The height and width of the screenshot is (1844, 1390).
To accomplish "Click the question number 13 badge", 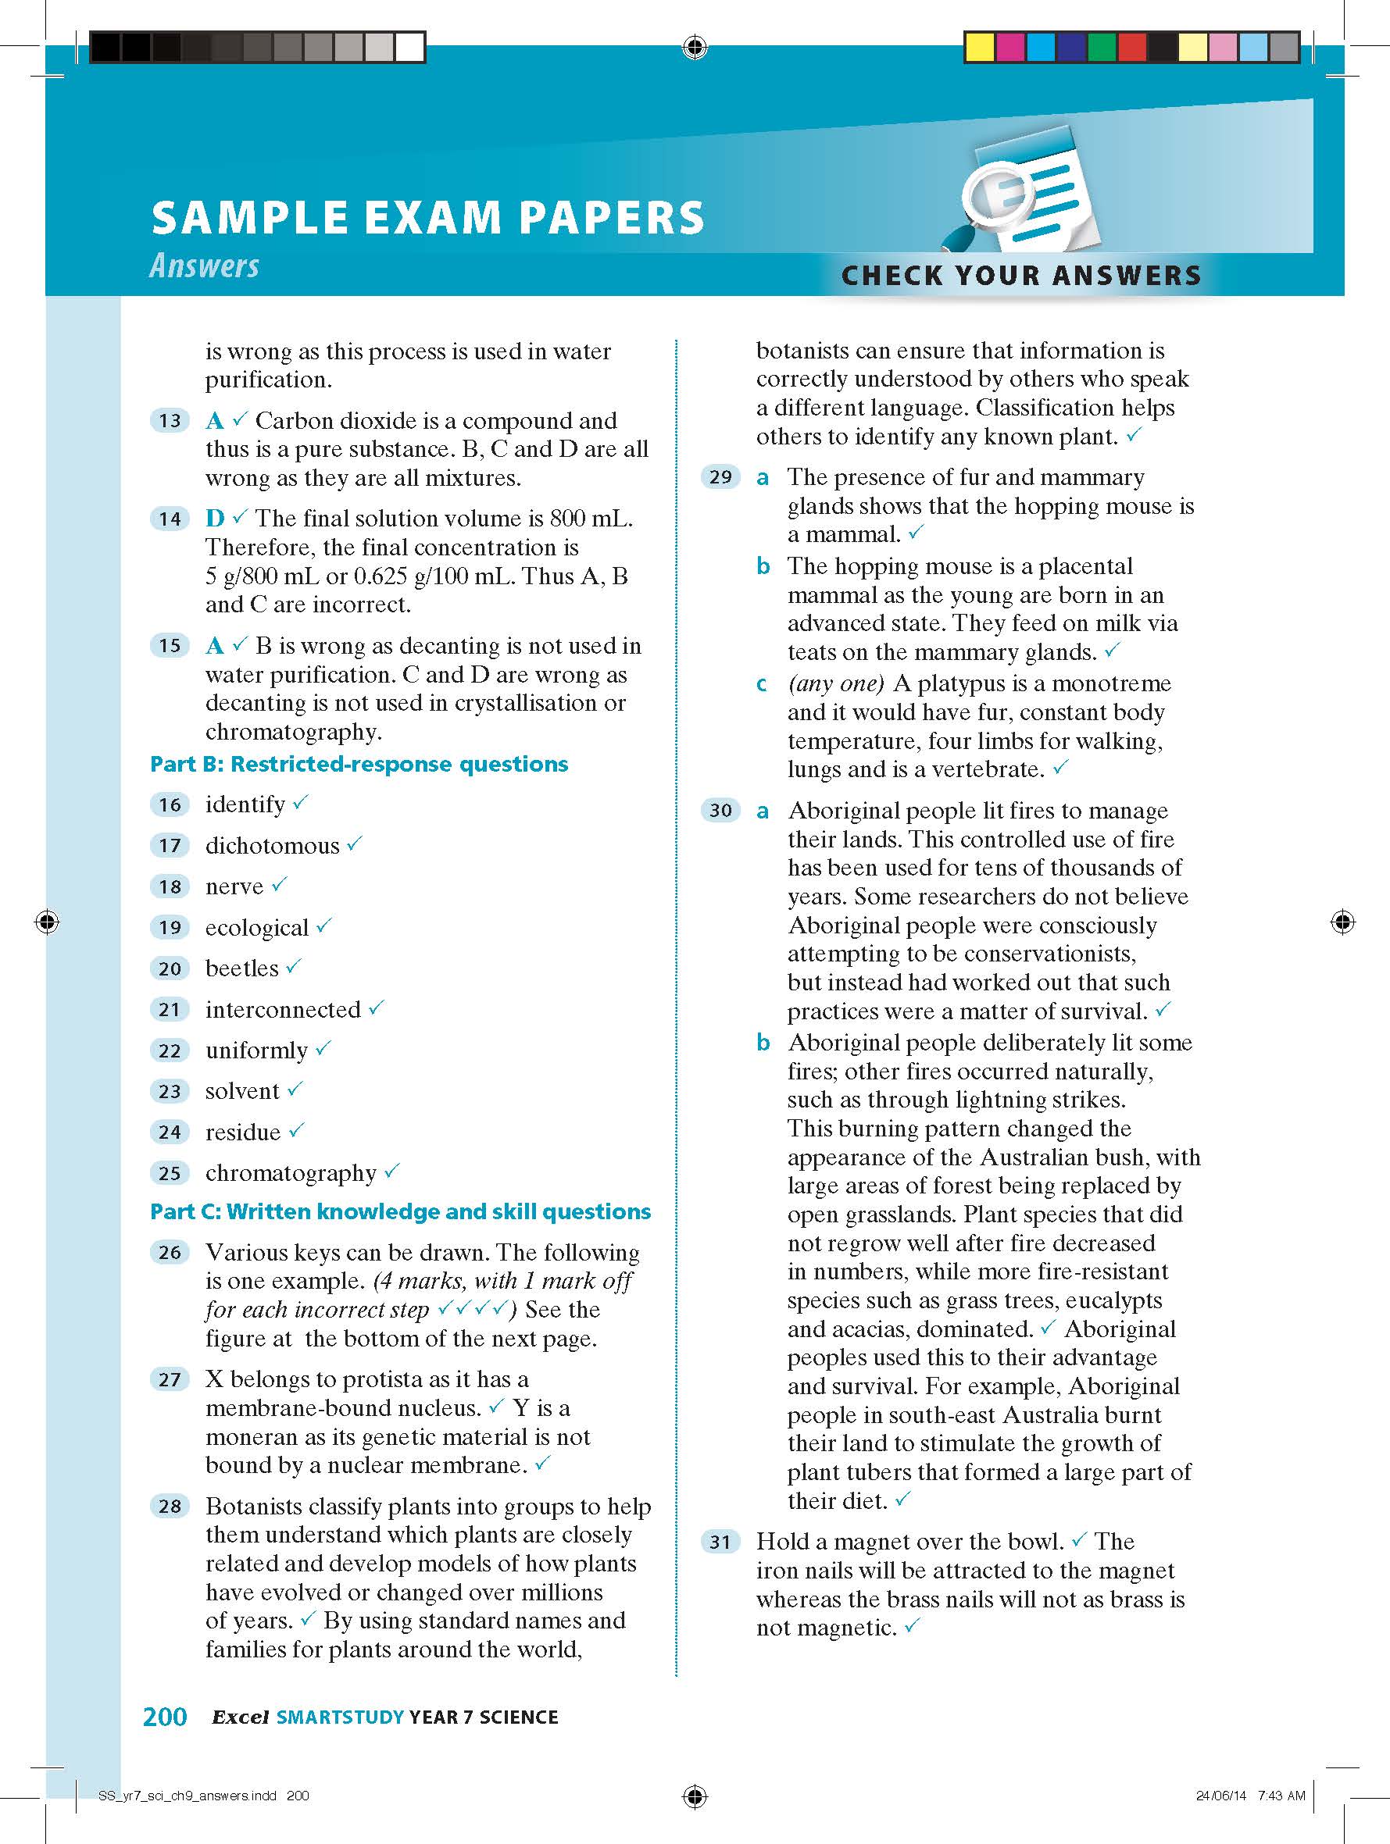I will tap(170, 421).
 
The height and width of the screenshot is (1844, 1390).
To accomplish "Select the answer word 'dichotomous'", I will tap(272, 845).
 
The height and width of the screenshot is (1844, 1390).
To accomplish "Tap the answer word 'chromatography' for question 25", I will tap(291, 1173).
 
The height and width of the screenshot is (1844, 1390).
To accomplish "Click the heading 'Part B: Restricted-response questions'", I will tap(359, 764).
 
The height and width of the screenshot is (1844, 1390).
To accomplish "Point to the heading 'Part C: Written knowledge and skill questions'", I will tap(400, 1211).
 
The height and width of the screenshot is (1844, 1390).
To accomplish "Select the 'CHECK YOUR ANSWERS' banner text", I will tap(1020, 275).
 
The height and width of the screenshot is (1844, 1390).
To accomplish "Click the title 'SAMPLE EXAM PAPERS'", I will tap(427, 218).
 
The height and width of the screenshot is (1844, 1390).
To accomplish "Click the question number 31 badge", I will tap(720, 1543).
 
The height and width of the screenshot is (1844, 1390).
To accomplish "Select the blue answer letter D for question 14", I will tap(215, 519).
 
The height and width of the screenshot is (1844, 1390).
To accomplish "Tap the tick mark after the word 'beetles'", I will tap(294, 966).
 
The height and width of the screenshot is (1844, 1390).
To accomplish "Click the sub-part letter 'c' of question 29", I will tap(761, 684).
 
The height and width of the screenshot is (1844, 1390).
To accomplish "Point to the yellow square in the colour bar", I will tap(979, 48).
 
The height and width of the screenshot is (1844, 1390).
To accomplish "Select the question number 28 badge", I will tap(170, 1507).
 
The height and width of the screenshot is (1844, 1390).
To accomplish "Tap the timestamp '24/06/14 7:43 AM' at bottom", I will tap(1250, 1796).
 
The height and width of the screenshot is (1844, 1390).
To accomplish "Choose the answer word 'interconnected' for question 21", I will tap(283, 1010).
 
